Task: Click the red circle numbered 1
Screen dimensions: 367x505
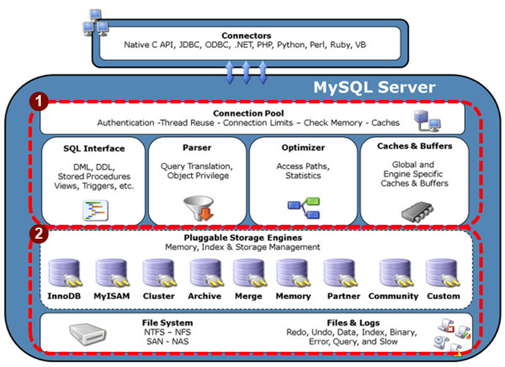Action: point(39,102)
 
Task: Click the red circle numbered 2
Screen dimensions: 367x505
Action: point(39,233)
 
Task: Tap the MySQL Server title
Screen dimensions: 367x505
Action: point(375,87)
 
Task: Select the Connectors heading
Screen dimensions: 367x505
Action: point(246,35)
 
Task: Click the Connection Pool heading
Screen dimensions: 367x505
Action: point(248,113)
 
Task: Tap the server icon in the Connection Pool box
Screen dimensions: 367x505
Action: point(425,120)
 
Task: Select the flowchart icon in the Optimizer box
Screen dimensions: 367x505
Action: point(304,206)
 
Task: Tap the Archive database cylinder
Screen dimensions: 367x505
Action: point(204,273)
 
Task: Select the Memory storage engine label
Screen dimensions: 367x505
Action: point(293,296)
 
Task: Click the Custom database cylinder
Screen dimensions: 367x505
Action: point(442,273)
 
